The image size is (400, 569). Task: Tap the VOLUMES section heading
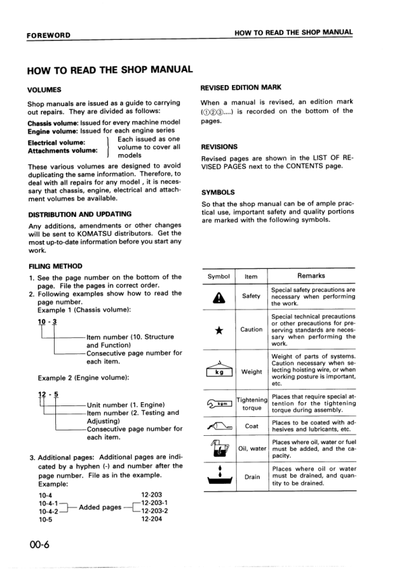pyautogui.click(x=45, y=89)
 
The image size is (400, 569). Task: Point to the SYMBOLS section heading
pyautogui.click(x=218, y=192)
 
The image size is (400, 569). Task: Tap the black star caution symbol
pyautogui.click(x=219, y=330)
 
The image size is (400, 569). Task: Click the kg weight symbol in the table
pyautogui.click(x=219, y=372)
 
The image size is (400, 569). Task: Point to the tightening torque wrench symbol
pyautogui.click(x=219, y=404)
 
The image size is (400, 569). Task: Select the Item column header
pyautogui.click(x=251, y=276)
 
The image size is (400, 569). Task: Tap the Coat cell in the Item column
pyautogui.click(x=252, y=426)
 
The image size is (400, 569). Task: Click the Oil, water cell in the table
pyautogui.click(x=252, y=448)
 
